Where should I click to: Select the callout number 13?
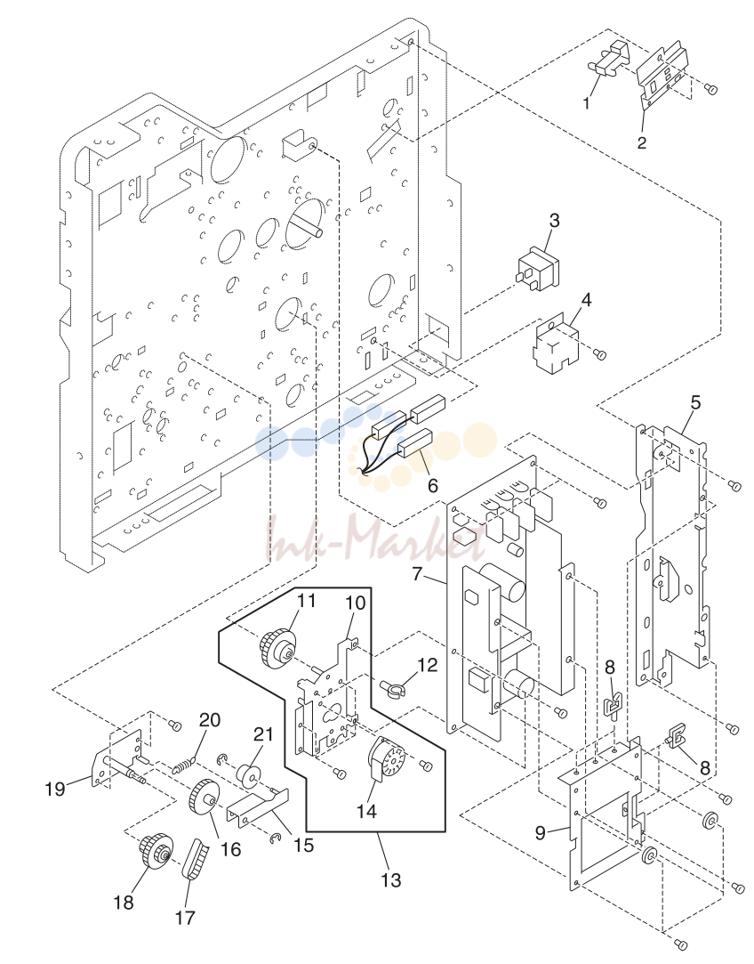point(390,880)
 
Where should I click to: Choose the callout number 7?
point(418,574)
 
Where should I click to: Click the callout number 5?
point(695,403)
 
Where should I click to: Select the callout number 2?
point(642,142)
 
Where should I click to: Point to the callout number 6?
point(433,485)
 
